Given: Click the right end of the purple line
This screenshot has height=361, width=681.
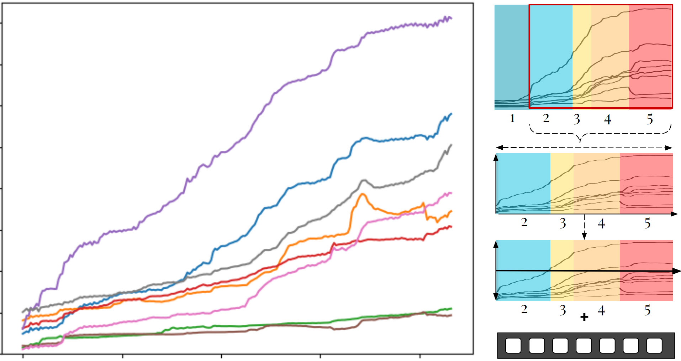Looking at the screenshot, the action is [452, 18].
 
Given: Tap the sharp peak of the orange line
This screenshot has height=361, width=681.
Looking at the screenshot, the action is [363, 194].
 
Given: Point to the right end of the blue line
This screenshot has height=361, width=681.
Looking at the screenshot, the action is [452, 113].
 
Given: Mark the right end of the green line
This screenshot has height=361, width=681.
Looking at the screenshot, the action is [452, 308].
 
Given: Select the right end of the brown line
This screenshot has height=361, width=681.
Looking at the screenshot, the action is [452, 315].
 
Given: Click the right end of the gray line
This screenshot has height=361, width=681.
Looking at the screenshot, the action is [452, 145].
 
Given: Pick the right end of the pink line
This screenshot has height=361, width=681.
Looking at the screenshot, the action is [452, 193].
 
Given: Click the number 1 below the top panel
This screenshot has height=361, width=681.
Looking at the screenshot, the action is [512, 118].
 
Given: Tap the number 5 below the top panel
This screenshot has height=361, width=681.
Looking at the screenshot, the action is [650, 119].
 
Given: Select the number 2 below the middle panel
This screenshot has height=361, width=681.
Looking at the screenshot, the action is [524, 222].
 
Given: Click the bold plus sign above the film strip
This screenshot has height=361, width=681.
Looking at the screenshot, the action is [584, 317].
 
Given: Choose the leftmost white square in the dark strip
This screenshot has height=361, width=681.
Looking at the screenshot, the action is [513, 345].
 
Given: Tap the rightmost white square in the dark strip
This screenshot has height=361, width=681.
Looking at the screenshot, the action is [654, 345].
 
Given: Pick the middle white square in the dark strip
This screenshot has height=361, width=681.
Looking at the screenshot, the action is [584, 345].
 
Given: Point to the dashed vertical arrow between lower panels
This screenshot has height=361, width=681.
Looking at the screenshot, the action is [584, 227].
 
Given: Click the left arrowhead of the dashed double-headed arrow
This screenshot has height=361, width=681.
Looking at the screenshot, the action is [499, 148].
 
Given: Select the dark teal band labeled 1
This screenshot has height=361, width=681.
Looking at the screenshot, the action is [512, 57].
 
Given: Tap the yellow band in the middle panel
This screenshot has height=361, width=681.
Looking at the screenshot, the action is [562, 183].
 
